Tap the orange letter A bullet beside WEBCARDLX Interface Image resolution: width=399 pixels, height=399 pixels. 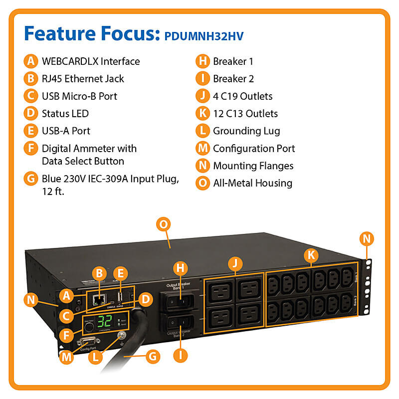click(x=31, y=61)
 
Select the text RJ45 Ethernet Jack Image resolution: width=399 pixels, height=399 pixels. click(x=83, y=79)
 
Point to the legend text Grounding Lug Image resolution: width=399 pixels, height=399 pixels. click(x=246, y=131)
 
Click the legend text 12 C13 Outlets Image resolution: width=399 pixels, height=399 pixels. click(x=245, y=114)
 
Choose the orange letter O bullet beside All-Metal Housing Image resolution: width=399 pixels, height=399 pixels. click(x=202, y=183)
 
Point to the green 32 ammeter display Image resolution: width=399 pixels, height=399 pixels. click(x=105, y=321)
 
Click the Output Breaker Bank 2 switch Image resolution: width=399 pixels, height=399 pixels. click(x=179, y=325)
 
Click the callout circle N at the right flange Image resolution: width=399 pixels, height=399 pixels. click(x=367, y=239)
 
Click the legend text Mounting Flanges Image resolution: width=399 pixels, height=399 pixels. click(x=253, y=166)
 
